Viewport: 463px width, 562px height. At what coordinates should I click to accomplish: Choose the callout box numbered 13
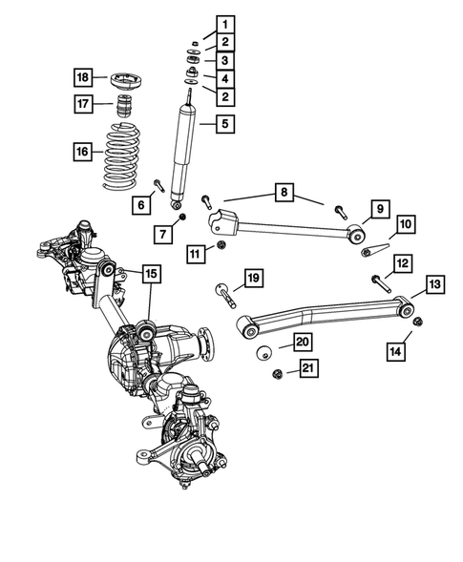pos(434,283)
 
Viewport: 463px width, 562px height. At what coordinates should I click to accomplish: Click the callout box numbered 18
pos(85,76)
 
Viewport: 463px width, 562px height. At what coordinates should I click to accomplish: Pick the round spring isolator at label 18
pos(120,76)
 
